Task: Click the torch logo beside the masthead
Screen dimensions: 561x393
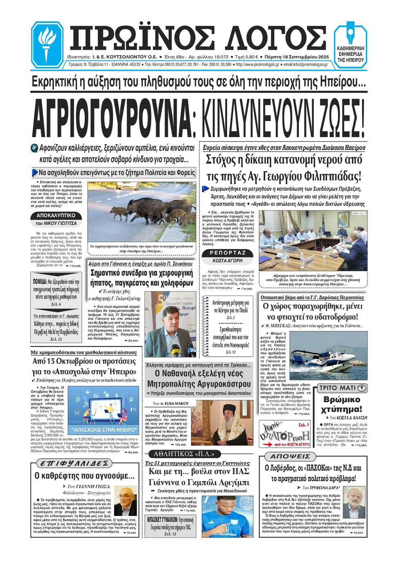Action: pyautogui.click(x=47, y=44)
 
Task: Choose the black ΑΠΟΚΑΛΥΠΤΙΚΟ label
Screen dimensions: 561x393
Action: pyautogui.click(x=56, y=215)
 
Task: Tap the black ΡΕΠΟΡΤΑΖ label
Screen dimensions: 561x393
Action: pyautogui.click(x=228, y=253)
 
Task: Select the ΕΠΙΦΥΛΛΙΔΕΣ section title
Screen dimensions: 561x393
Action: pyautogui.click(x=74, y=463)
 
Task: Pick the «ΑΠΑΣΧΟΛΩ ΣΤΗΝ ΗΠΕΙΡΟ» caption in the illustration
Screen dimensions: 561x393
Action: pyautogui.click(x=104, y=430)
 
